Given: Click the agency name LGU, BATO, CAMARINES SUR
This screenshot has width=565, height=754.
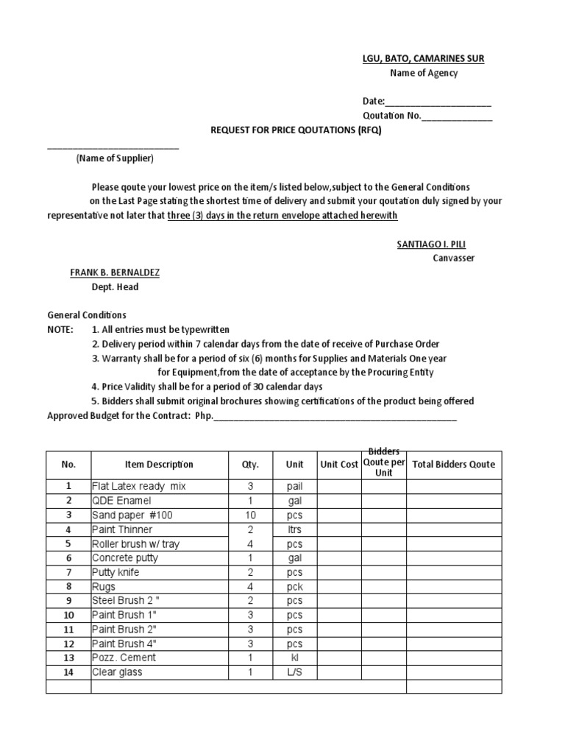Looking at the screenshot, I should [423, 58].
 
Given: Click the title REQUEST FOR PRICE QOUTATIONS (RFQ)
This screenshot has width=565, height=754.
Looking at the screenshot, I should [296, 130].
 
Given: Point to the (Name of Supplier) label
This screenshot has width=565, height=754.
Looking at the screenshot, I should [115, 158].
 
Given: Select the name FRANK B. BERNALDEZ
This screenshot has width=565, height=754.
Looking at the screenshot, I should [115, 272].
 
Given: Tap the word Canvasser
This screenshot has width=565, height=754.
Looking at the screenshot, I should [454, 258].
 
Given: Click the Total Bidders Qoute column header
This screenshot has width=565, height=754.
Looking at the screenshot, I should [454, 465].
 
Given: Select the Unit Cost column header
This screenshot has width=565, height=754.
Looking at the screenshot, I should [339, 465].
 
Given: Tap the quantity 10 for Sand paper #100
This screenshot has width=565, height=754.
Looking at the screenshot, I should [250, 515].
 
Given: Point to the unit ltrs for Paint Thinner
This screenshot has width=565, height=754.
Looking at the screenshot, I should [294, 529].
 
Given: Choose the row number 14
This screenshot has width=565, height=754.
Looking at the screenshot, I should [68, 672].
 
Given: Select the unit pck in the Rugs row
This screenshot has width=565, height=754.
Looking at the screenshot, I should [294, 587].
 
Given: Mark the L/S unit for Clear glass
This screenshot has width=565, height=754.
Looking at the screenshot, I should [294, 672].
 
